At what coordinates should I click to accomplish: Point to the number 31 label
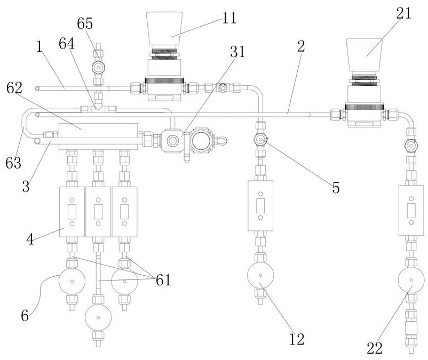237,52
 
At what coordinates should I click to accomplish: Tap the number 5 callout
335,188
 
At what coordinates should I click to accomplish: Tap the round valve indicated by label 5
260,140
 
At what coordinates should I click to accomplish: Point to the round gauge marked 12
260,276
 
